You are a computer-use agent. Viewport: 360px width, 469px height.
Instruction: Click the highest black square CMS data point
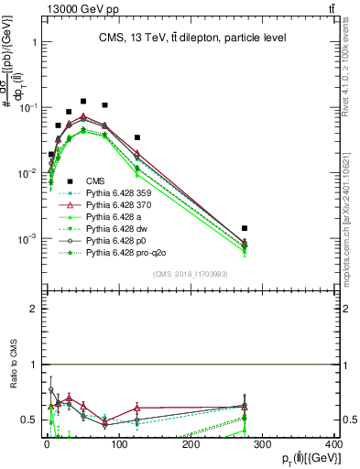pyautogui.click(x=83, y=102)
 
